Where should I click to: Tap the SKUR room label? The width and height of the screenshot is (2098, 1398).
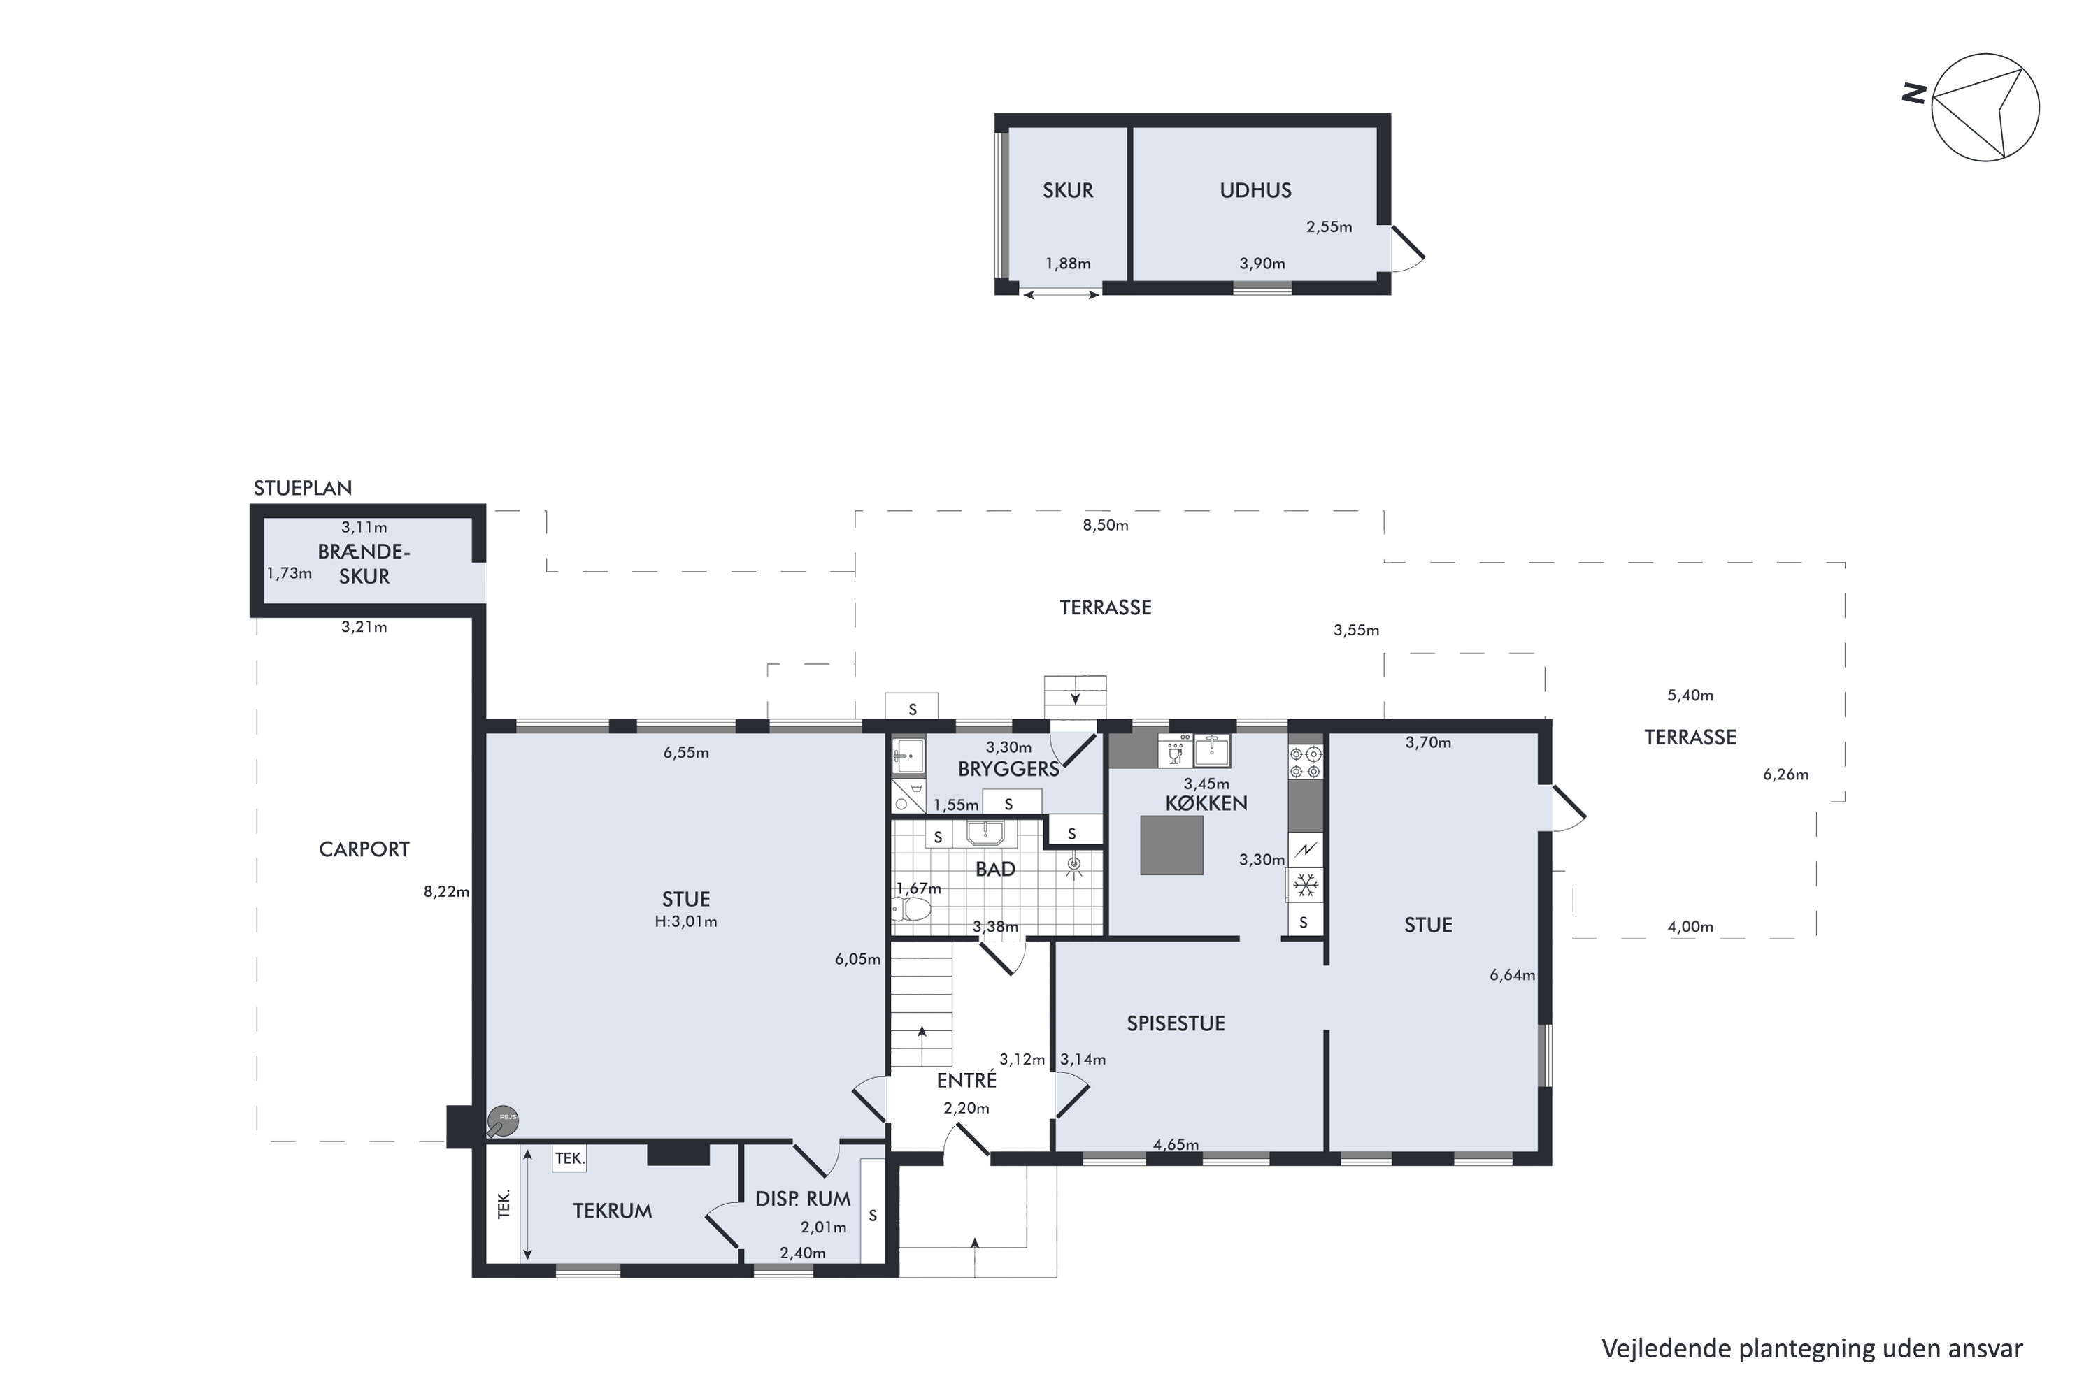(x=1068, y=190)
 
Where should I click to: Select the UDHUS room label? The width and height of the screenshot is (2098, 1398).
(x=1255, y=190)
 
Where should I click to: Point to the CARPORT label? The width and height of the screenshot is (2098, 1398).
(x=364, y=849)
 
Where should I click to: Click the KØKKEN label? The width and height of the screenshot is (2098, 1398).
(x=1206, y=802)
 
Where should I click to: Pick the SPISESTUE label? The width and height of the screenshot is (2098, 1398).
(x=1176, y=1023)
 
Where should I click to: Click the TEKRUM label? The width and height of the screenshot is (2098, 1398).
(x=612, y=1211)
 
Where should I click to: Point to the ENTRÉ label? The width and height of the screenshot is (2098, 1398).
(x=966, y=1080)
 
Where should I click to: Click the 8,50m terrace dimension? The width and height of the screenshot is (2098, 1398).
(x=1105, y=525)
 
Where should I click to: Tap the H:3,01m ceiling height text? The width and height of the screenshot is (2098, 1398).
(x=686, y=922)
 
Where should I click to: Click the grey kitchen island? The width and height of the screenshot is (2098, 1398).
(x=1171, y=845)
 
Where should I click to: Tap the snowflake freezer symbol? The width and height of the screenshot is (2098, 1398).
(x=1306, y=886)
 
